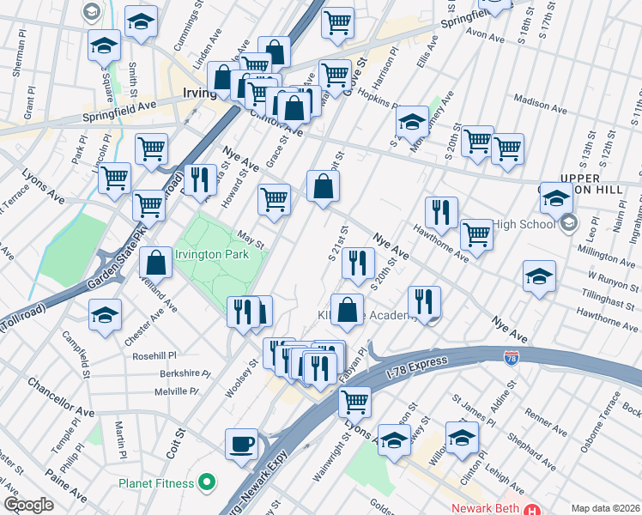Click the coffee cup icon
[241, 444]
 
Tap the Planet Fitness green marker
[207, 483]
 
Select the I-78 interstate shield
[512, 355]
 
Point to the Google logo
[28, 505]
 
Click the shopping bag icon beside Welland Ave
[156, 263]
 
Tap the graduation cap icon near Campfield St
[105, 315]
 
